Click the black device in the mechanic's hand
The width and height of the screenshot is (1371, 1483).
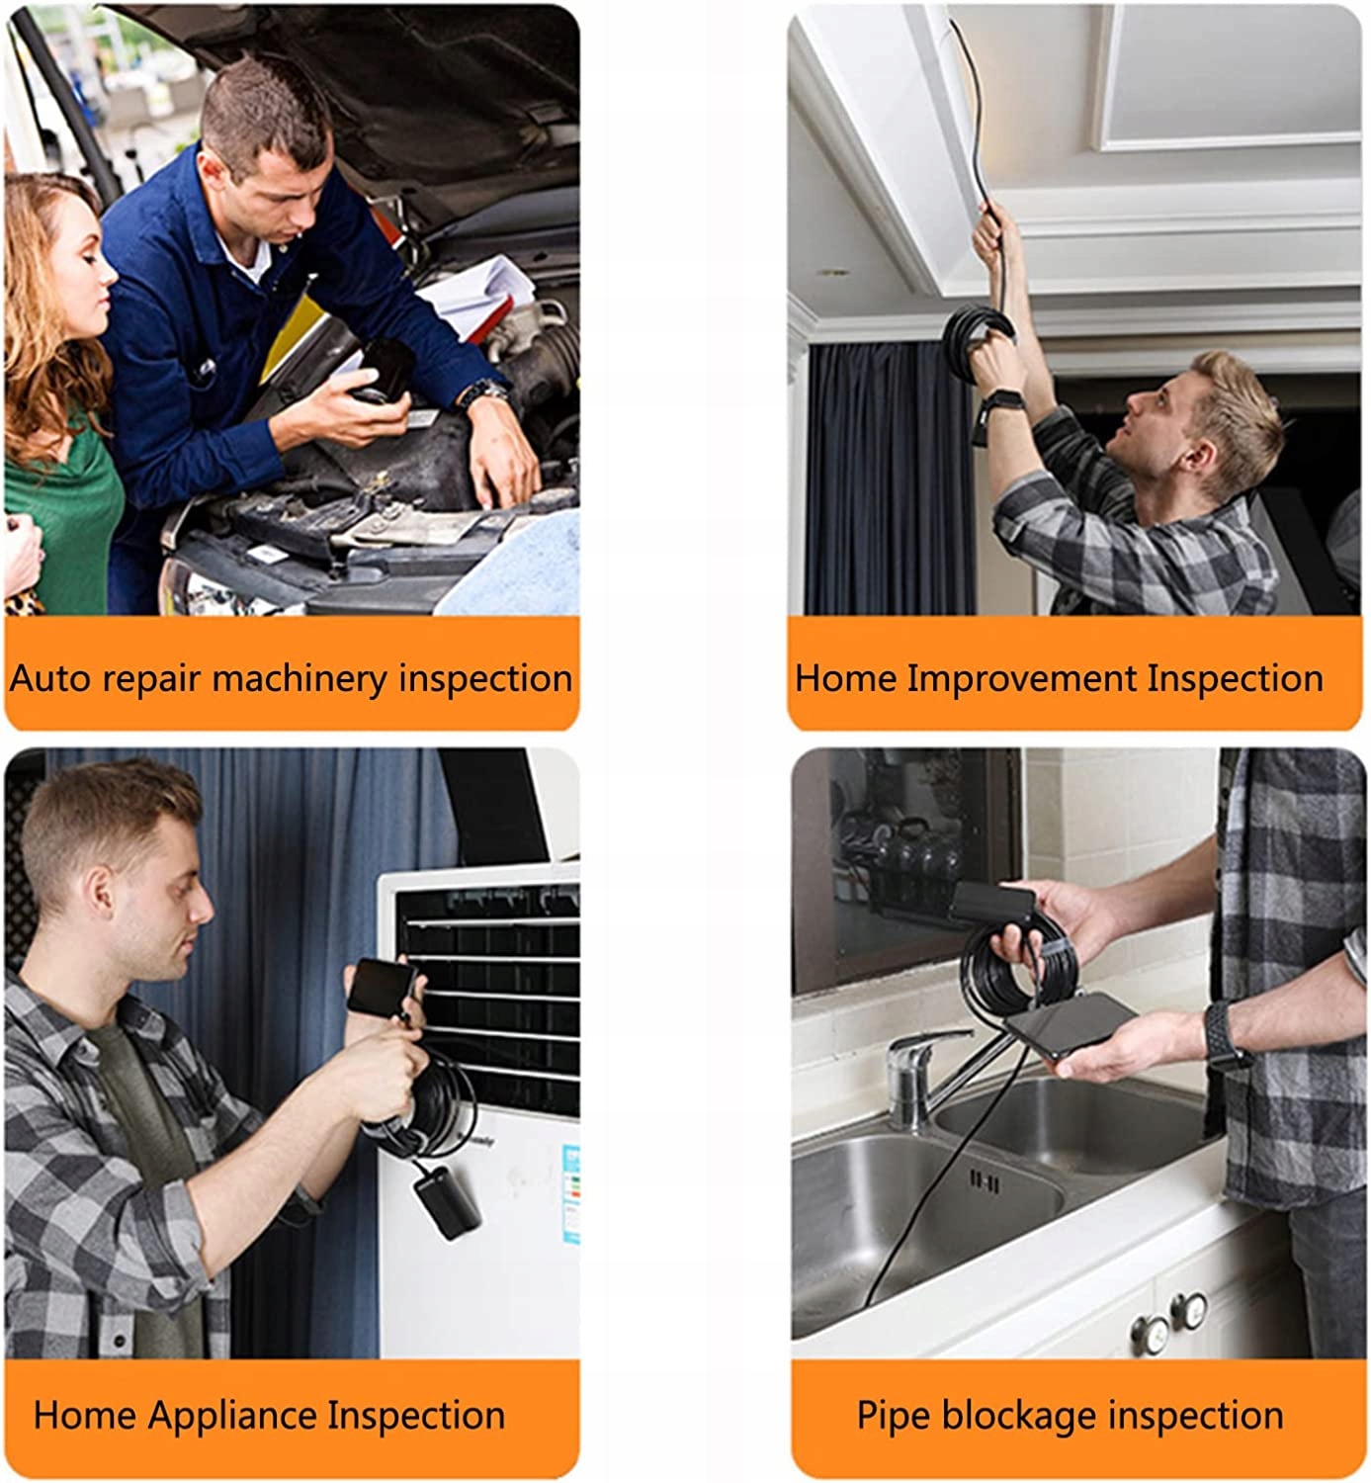(x=385, y=371)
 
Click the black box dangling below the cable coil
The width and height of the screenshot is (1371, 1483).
(x=447, y=1201)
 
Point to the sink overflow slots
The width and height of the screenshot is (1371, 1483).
(x=985, y=1182)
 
